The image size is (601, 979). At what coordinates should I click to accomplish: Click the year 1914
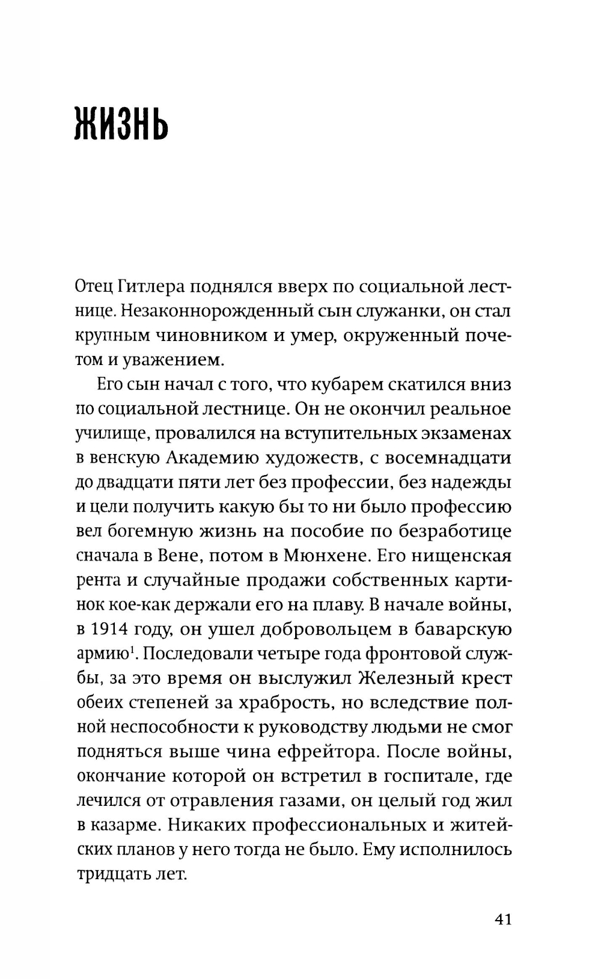118,629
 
